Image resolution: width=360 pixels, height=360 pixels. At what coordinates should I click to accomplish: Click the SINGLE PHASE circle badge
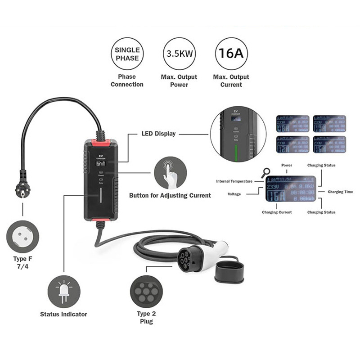pyautogui.click(x=127, y=54)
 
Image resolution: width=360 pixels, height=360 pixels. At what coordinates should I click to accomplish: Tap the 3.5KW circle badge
pyautogui.click(x=180, y=54)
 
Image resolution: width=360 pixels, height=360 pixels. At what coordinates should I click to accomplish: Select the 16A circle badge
pyautogui.click(x=231, y=54)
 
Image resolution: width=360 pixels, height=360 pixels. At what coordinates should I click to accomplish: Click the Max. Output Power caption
pyautogui.click(x=180, y=81)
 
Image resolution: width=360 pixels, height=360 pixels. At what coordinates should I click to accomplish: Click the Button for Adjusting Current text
pyautogui.click(x=170, y=195)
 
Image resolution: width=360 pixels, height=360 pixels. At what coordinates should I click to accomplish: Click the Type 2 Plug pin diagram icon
pyautogui.click(x=145, y=290)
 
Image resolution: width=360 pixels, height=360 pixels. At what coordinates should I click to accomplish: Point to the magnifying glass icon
pyautogui.click(x=266, y=172)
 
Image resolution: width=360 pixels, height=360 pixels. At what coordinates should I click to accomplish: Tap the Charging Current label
pyautogui.click(x=276, y=211)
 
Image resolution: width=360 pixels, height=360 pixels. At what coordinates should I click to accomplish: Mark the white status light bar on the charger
pyautogui.click(x=100, y=197)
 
